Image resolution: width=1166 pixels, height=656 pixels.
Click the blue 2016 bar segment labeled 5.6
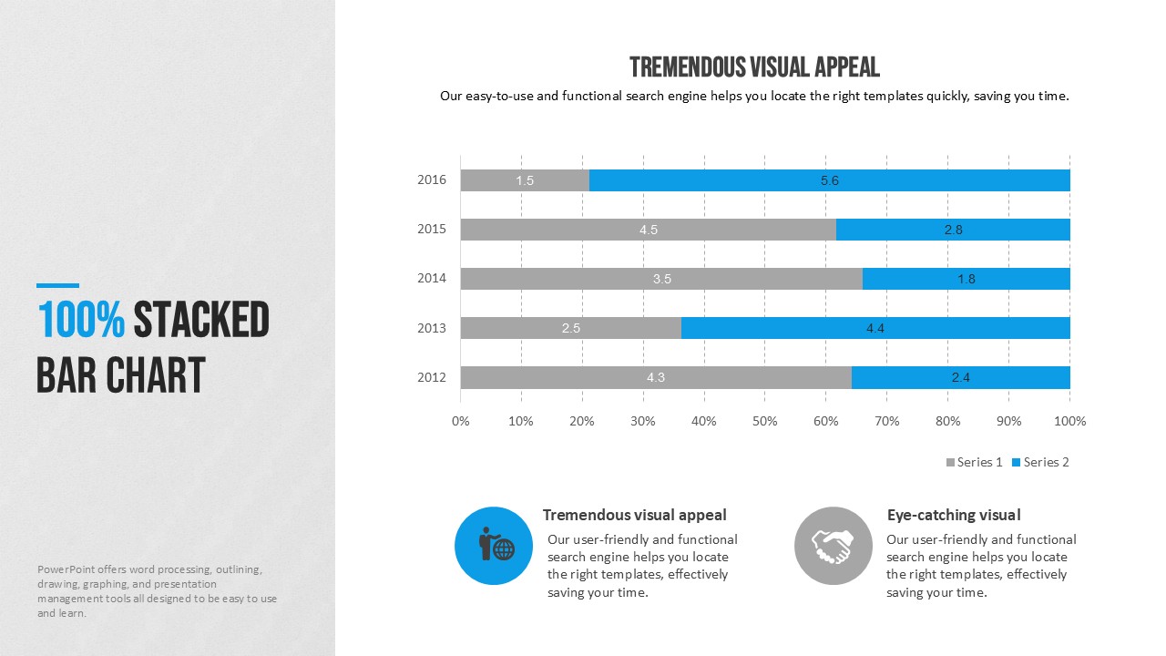click(829, 180)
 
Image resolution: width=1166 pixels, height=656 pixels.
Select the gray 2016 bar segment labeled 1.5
click(525, 180)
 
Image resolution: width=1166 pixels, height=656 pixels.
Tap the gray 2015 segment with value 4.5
click(648, 230)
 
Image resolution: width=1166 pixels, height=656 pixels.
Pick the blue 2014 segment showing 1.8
click(966, 279)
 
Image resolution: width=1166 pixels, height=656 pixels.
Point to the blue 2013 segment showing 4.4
click(874, 328)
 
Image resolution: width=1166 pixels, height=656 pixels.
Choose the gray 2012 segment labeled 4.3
click(656, 377)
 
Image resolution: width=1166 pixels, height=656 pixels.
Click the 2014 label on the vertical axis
click(432, 278)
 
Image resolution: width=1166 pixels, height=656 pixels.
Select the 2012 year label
click(432, 377)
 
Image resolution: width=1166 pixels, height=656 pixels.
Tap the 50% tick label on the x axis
click(764, 421)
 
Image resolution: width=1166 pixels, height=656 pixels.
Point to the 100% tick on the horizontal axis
click(1069, 421)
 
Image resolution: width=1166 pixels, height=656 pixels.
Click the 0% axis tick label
click(461, 421)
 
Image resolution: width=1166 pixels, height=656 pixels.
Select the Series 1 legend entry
click(974, 462)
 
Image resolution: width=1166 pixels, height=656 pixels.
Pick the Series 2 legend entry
click(1040, 462)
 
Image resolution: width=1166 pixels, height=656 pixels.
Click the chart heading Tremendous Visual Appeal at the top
click(754, 67)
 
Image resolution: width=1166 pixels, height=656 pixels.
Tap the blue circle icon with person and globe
click(493, 546)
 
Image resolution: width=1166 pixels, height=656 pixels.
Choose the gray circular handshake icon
click(833, 546)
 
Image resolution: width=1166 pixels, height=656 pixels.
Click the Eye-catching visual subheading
click(954, 515)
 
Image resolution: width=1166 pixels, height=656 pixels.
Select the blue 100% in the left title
click(81, 321)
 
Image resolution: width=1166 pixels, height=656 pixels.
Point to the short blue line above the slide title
click(57, 285)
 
